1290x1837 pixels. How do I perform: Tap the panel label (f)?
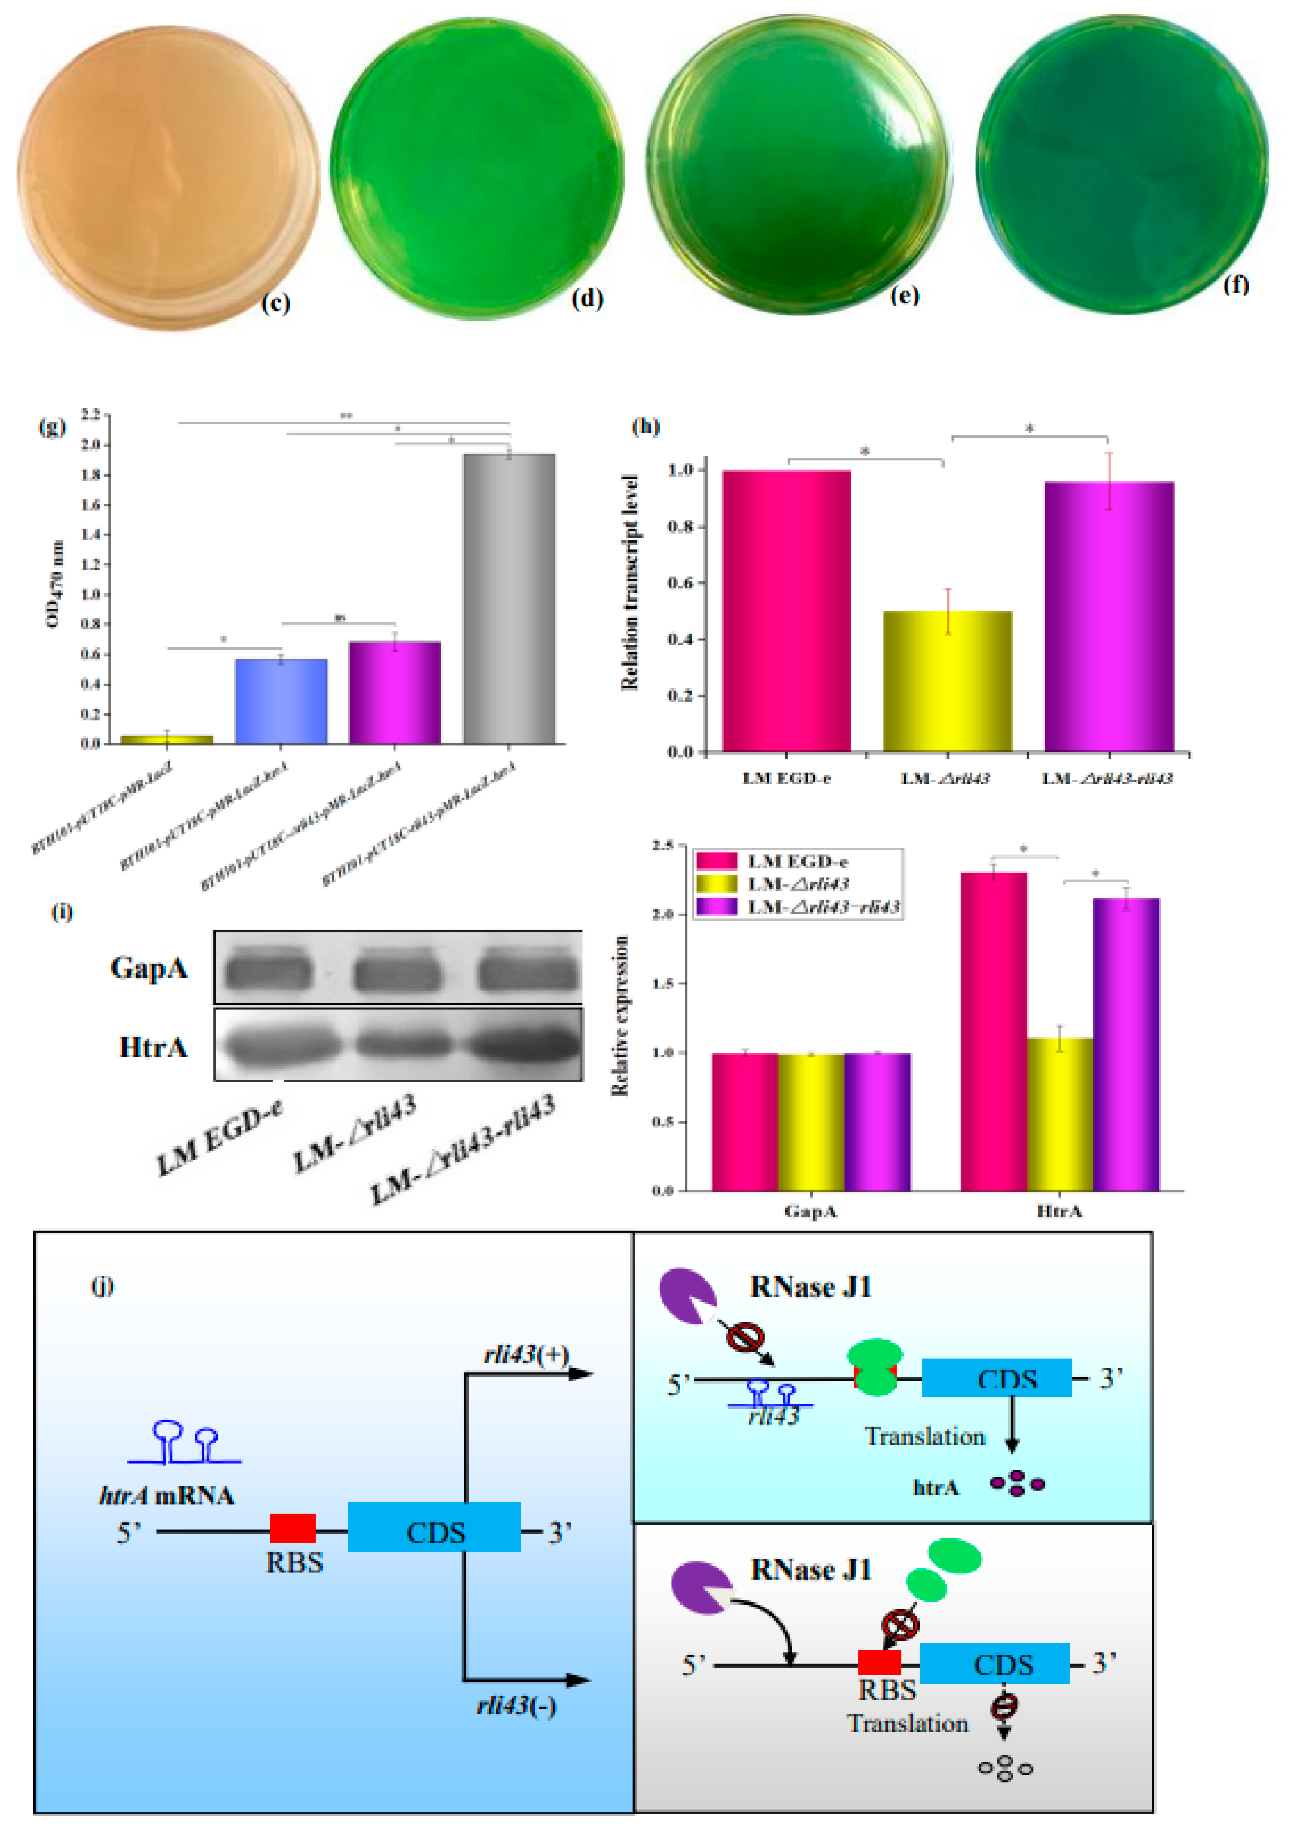1235,284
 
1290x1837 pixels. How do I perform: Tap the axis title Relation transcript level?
629,582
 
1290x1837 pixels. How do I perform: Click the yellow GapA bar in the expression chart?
811,1122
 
